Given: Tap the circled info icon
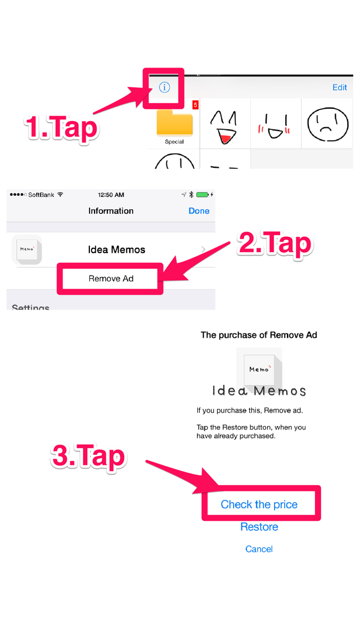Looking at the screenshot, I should click(x=164, y=87).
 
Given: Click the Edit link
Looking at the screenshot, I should click(x=339, y=87).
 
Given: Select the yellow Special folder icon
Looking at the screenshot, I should click(x=174, y=123).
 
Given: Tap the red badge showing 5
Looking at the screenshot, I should click(x=195, y=105).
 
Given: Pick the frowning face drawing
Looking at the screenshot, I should click(x=328, y=124).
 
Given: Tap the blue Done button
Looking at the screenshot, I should click(x=199, y=211).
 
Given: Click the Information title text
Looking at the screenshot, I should click(x=111, y=211).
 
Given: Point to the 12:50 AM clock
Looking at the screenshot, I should click(x=111, y=195).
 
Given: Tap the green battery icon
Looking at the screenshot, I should click(x=202, y=195).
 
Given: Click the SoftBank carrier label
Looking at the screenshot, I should click(x=41, y=195).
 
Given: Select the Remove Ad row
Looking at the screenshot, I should click(x=111, y=279).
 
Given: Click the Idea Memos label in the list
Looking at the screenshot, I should click(x=116, y=249).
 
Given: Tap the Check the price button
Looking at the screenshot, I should click(x=259, y=504).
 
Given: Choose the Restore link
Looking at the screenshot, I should click(x=259, y=527).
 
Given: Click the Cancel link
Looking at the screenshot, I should click(x=259, y=549).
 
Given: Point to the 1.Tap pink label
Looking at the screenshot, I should click(x=61, y=127).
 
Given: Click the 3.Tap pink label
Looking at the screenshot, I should click(x=88, y=456).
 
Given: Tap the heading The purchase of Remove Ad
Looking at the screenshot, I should click(x=259, y=335).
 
